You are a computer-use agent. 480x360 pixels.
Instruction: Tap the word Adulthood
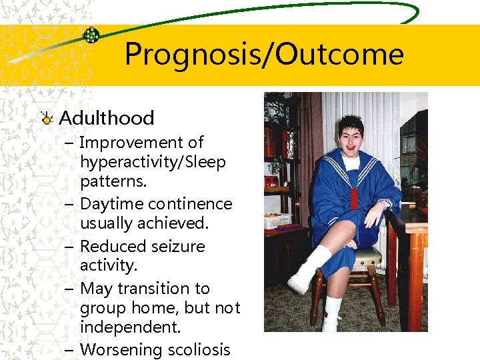click(x=107, y=118)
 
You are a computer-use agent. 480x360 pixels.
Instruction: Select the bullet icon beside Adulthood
click(x=47, y=119)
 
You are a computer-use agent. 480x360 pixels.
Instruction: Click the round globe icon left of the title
click(x=92, y=35)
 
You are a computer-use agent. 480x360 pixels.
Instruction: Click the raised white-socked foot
click(x=301, y=281)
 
